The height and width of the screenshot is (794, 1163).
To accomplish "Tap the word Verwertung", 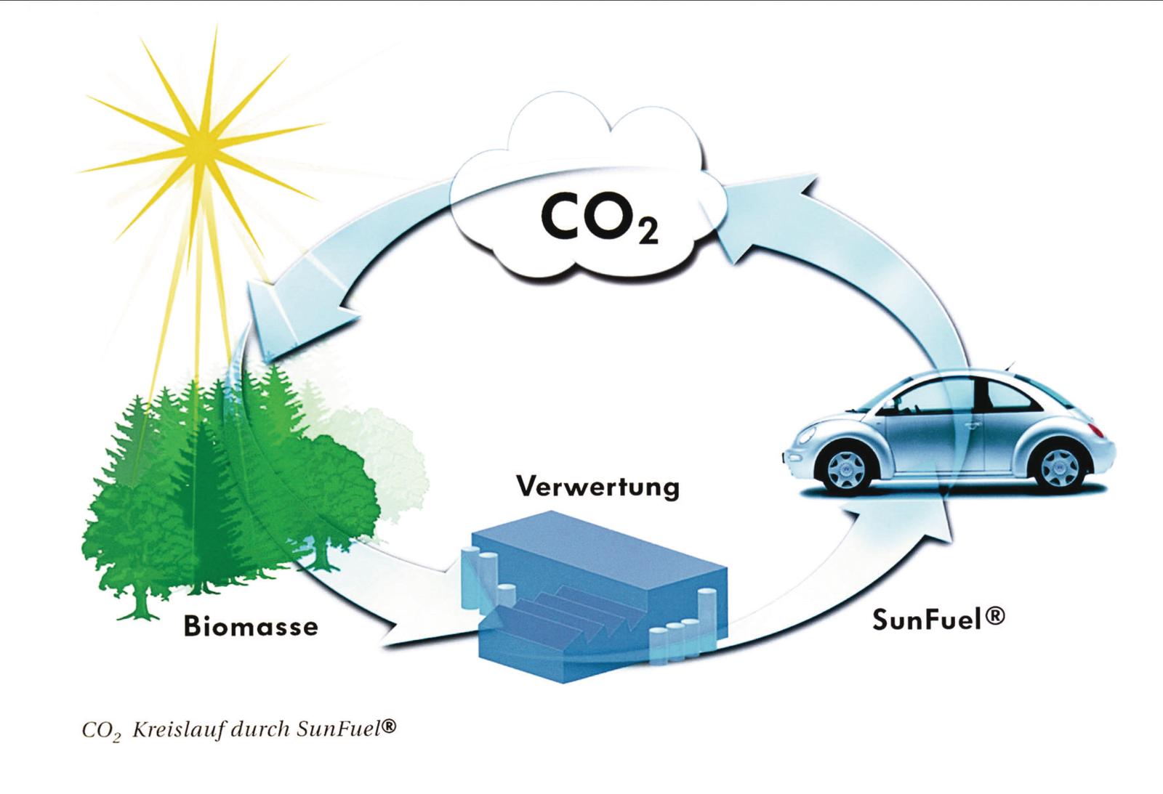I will [597, 486].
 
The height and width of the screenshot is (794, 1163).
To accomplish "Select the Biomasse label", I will [251, 626].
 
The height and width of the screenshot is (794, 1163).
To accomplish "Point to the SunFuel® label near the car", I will [938, 619].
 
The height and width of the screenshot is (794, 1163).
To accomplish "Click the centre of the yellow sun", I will [198, 150].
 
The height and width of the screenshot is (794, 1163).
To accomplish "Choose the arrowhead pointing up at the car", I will [909, 519].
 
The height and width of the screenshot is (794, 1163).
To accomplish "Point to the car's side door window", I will [938, 396].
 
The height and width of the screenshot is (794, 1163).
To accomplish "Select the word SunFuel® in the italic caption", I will [346, 729].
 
